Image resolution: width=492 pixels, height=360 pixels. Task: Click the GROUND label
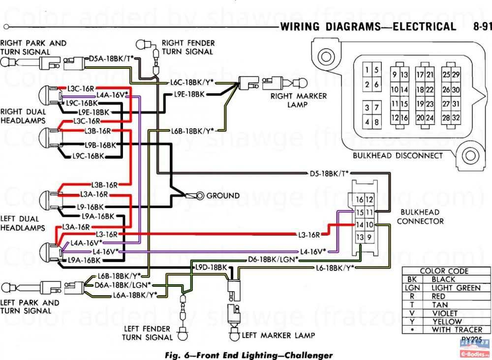(223, 195)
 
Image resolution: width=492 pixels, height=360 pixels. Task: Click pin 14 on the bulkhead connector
(360, 225)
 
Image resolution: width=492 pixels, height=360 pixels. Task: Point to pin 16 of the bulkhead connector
(360, 199)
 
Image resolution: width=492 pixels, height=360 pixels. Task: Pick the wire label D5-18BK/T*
(329, 173)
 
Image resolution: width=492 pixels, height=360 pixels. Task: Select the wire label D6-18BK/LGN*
(273, 259)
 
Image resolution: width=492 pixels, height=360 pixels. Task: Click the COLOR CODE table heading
(444, 271)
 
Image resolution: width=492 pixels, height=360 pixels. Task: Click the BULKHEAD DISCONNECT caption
(398, 156)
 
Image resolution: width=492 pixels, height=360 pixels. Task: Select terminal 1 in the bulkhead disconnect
(367, 70)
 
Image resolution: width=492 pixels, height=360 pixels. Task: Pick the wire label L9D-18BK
(211, 267)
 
